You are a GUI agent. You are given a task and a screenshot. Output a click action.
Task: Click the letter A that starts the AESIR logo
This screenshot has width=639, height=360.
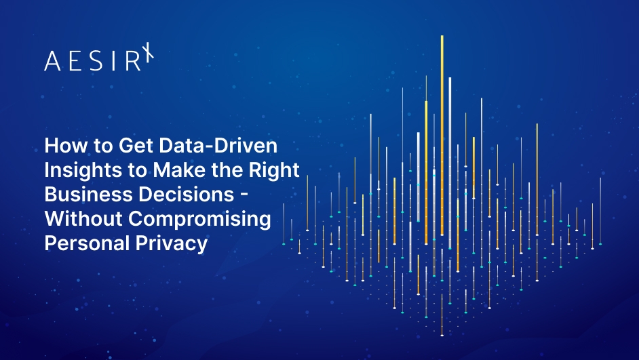pyautogui.click(x=52, y=62)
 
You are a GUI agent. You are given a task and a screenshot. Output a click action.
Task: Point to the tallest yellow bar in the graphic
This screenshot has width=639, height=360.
pyautogui.click(x=442, y=136)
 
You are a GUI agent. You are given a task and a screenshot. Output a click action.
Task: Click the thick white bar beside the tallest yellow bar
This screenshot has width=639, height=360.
pyautogui.click(x=450, y=156)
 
